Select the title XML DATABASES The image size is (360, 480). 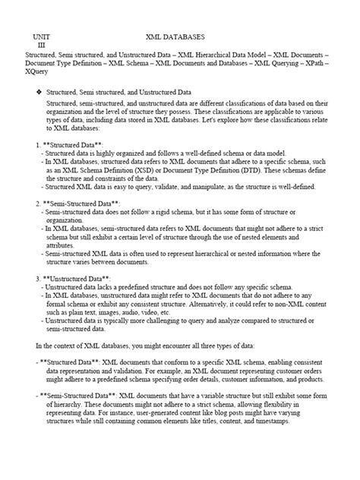[x=177, y=36]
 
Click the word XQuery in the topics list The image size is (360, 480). [x=38, y=74]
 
